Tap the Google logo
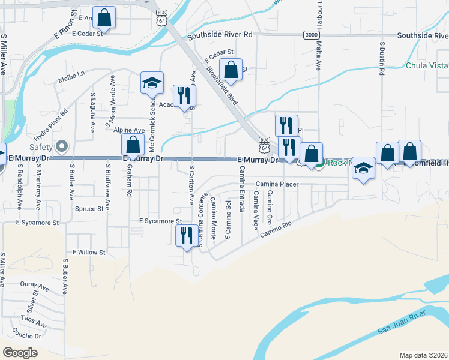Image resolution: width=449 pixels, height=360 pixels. tap(20, 352)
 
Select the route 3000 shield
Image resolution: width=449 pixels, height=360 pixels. tap(310, 35)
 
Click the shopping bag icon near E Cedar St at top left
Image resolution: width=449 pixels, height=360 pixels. tap(104, 18)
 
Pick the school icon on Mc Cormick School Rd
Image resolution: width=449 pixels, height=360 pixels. tap(152, 83)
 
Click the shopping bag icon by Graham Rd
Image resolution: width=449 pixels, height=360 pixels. tap(133, 145)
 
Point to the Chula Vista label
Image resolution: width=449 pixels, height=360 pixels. tap(427, 65)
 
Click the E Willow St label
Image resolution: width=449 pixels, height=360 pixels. tap(89, 253)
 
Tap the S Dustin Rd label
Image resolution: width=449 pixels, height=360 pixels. tap(382, 59)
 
